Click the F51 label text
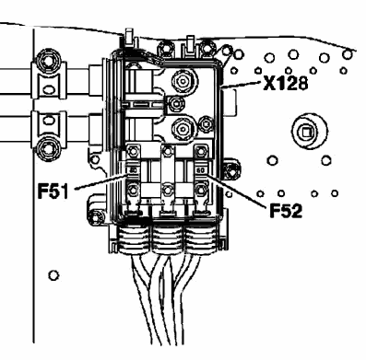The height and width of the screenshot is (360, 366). click(53, 191)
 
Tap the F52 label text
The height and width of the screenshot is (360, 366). click(286, 210)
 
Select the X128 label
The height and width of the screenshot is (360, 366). click(285, 83)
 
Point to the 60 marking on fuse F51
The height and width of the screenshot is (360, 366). click(134, 169)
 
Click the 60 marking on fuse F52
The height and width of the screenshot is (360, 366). click(200, 169)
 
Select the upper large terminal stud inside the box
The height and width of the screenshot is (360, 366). click(183, 81)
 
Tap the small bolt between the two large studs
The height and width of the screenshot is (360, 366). click(177, 104)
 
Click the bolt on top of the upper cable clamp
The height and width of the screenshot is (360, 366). click(47, 62)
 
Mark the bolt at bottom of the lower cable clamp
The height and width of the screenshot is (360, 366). click(47, 148)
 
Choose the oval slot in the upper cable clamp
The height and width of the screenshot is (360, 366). click(49, 90)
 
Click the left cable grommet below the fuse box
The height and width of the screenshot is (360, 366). click(134, 239)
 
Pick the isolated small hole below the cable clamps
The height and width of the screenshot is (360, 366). click(53, 275)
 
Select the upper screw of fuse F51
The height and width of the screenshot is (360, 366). click(133, 151)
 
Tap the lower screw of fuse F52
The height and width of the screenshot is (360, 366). click(201, 190)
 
